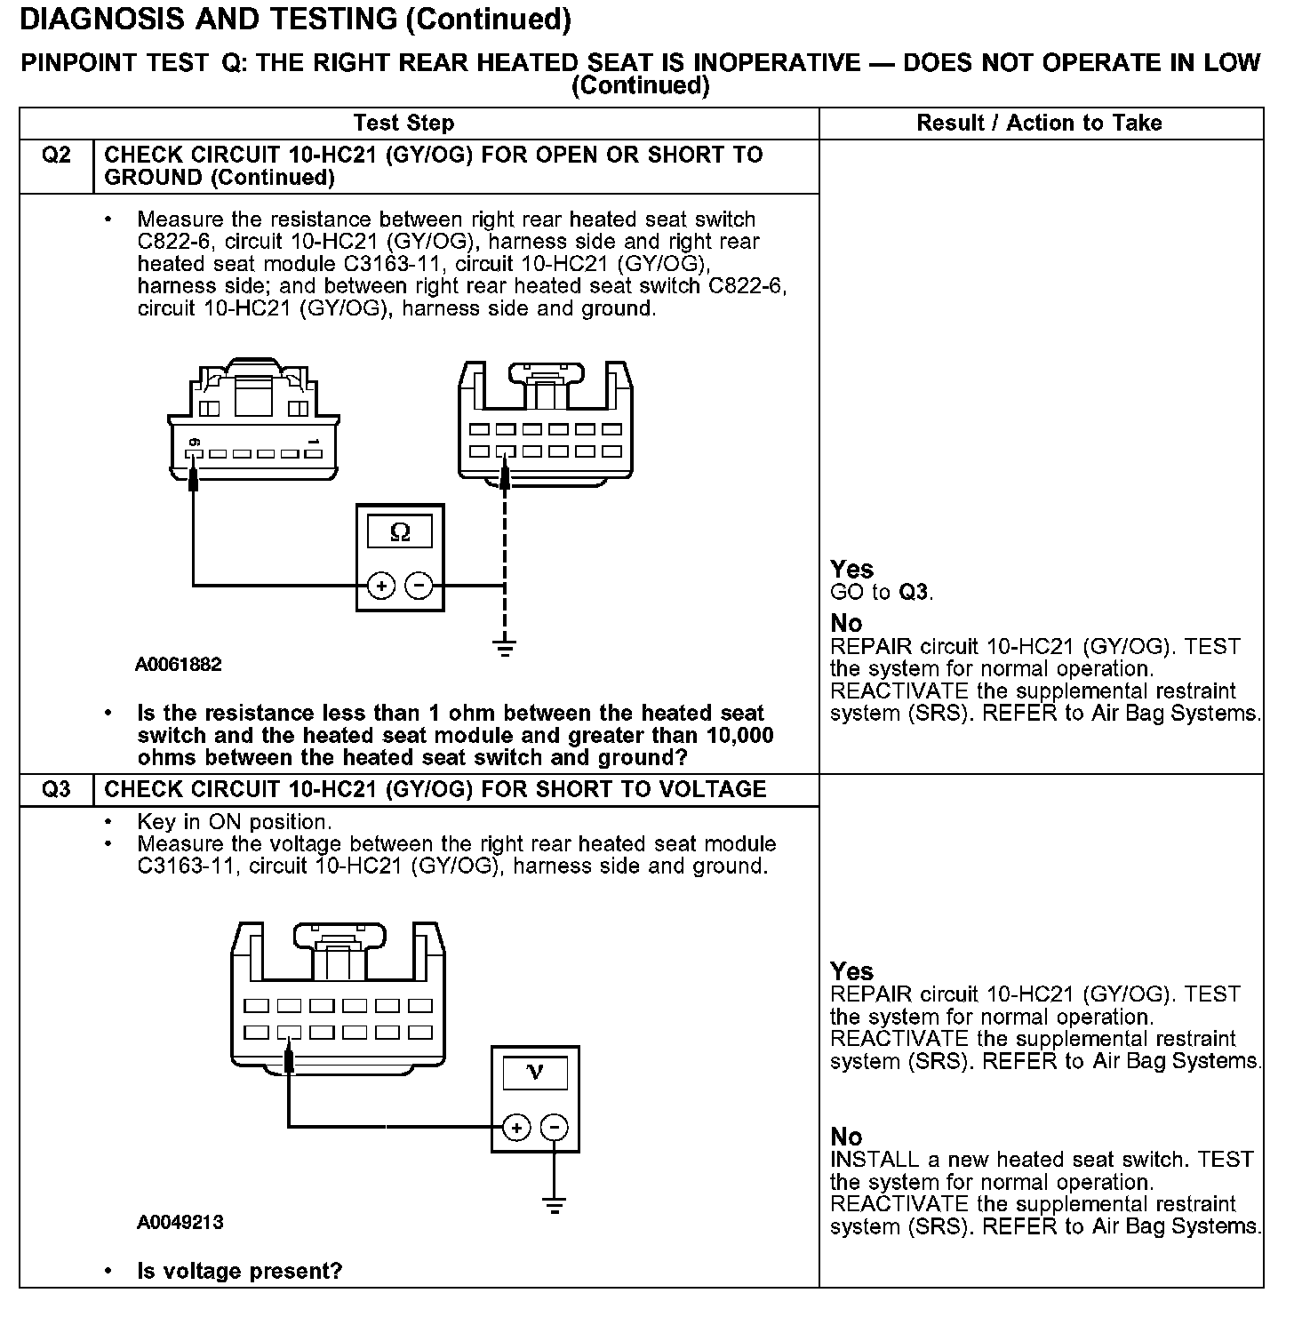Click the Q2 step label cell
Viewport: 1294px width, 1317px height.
pyautogui.click(x=56, y=156)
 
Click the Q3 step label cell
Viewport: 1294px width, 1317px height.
pyautogui.click(x=56, y=789)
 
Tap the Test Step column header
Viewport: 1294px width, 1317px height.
pyautogui.click(x=403, y=124)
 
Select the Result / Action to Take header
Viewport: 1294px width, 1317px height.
pyautogui.click(x=1039, y=124)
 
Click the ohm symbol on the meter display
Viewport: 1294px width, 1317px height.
pyautogui.click(x=400, y=532)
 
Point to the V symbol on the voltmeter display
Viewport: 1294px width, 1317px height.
pyautogui.click(x=535, y=1074)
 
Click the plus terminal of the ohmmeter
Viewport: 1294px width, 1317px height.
pyautogui.click(x=380, y=586)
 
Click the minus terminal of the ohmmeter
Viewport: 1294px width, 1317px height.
pyautogui.click(x=419, y=586)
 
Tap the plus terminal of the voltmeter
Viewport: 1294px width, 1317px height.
pyautogui.click(x=516, y=1128)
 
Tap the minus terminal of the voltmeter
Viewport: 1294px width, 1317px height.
pyautogui.click(x=554, y=1128)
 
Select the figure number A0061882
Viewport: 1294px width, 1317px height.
pyautogui.click(x=179, y=665)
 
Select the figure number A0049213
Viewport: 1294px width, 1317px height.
pyautogui.click(x=180, y=1222)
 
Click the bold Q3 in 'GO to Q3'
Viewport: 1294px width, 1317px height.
pyautogui.click(x=915, y=592)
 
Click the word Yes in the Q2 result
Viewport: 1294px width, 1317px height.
pyautogui.click(x=851, y=570)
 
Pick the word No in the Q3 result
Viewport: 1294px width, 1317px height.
pyautogui.click(x=846, y=1137)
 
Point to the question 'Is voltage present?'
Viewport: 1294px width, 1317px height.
pyautogui.click(x=239, y=1271)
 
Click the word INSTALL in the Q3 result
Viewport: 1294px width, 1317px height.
pyautogui.click(x=874, y=1160)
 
